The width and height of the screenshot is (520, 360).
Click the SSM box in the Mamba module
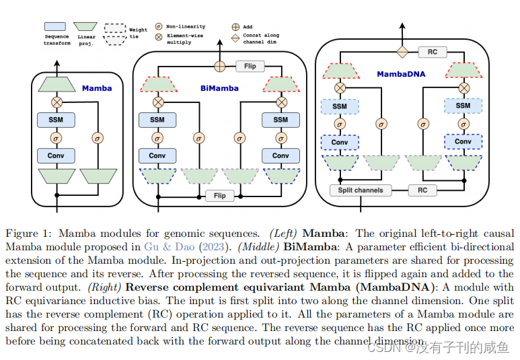(x=57, y=120)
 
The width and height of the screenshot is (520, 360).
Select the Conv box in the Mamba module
(x=57, y=156)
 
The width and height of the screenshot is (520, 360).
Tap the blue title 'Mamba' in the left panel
(x=97, y=88)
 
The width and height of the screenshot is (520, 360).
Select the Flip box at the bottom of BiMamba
(x=219, y=196)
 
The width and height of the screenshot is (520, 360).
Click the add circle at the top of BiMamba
(x=219, y=67)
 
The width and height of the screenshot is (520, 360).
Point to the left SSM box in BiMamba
(x=157, y=120)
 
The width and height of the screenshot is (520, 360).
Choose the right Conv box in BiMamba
(x=281, y=156)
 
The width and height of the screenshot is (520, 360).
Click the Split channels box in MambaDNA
(x=361, y=190)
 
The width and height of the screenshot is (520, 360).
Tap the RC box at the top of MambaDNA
(x=433, y=52)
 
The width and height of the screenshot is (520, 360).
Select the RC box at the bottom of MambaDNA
(x=422, y=190)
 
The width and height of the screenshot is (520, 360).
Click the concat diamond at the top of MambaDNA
(x=402, y=52)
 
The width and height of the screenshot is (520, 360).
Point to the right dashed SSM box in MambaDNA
(x=463, y=106)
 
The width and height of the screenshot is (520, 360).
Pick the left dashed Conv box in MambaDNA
(x=340, y=143)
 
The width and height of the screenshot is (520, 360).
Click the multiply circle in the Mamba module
(x=57, y=102)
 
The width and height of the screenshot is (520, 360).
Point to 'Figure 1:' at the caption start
(x=28, y=233)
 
